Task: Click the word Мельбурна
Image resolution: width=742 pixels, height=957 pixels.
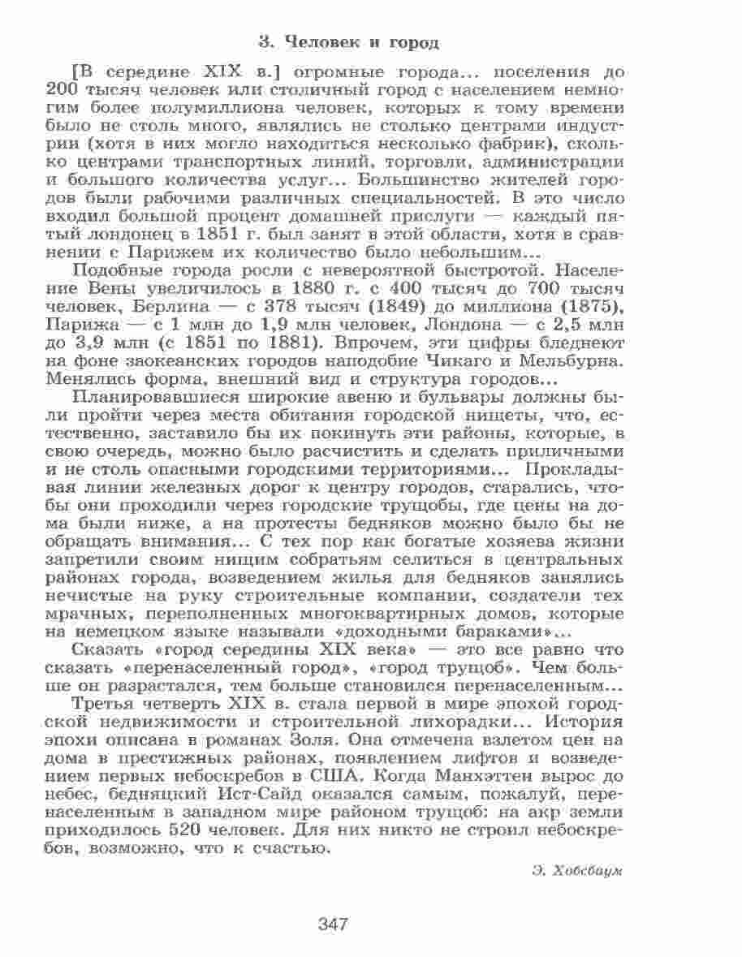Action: point(573,360)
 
